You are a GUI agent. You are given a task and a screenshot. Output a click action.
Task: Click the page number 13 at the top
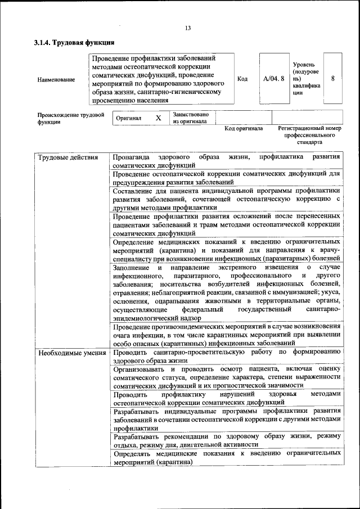point(188,29)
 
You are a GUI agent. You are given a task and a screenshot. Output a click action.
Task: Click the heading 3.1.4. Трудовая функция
point(74,42)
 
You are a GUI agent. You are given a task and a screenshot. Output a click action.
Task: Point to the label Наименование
point(56,79)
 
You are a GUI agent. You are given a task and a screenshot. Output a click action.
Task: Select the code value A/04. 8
point(274,79)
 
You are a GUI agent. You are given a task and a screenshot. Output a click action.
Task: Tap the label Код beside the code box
point(242,79)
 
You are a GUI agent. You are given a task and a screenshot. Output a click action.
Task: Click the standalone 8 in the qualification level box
point(332,79)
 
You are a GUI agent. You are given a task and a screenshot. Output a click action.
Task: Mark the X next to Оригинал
point(158,118)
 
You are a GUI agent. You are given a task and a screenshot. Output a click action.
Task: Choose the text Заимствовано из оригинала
point(190,118)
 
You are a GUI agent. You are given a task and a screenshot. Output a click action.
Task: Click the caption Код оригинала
point(244,128)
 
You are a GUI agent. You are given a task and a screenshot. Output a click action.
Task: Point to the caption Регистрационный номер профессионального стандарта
point(309,136)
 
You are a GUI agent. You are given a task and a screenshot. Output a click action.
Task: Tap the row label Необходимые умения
point(72,353)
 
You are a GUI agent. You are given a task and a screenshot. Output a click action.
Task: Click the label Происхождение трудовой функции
point(70,118)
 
